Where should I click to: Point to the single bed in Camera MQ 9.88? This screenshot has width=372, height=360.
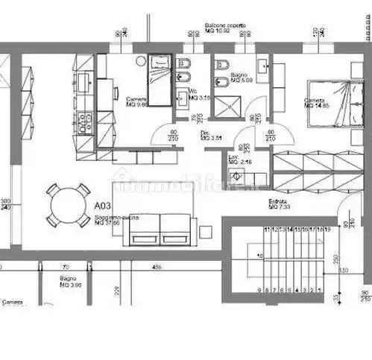(159, 80)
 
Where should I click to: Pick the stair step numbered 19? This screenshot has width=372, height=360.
(327, 230)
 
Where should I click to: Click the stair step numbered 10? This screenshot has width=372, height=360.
(260, 255)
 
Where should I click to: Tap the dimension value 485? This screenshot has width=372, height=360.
(157, 266)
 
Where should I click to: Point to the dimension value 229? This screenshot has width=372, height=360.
(116, 291)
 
